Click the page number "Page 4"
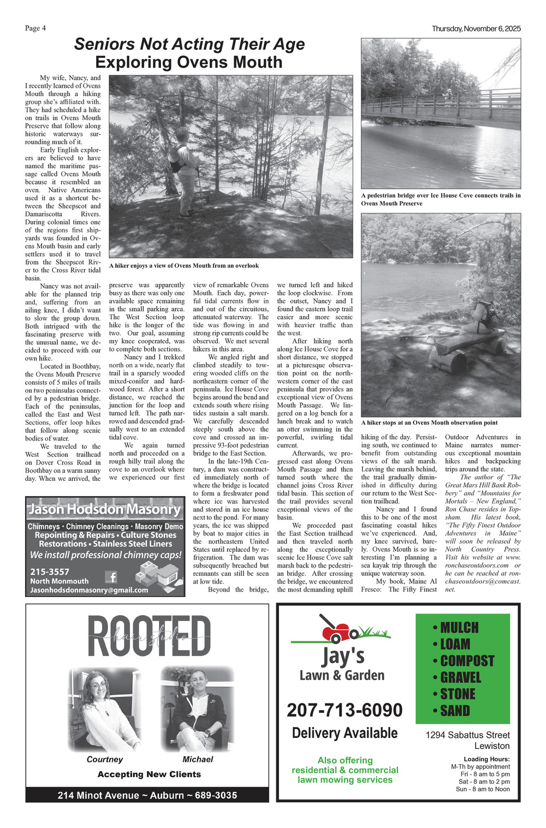(35, 28)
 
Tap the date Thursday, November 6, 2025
(476, 28)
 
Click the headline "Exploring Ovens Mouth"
(188, 62)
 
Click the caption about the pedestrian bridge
(440, 199)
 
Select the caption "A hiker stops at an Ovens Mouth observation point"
(429, 422)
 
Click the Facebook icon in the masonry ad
(111, 577)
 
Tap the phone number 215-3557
(50, 571)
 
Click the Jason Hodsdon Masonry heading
(105, 509)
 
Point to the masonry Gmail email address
(89, 590)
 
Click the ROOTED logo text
(149, 636)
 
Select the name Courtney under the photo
(105, 759)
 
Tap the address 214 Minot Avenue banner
(147, 795)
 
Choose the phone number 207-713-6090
(345, 710)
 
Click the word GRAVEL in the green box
(460, 677)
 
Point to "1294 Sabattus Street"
(467, 735)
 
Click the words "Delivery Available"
(345, 733)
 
